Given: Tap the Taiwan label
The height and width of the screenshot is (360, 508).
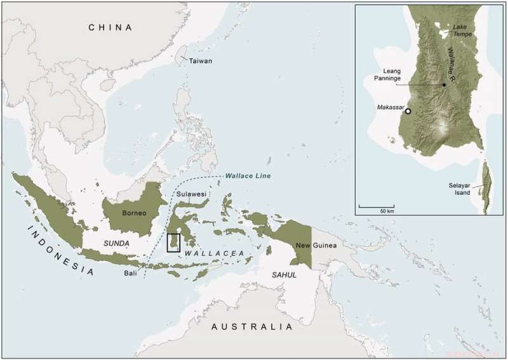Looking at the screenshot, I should coord(200,61).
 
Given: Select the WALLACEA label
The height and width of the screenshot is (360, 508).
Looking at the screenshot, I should coord(215,253).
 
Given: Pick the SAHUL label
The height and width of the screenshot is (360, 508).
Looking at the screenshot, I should coord(284,274).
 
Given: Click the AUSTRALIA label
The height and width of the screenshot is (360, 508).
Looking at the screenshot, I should coord(252,327).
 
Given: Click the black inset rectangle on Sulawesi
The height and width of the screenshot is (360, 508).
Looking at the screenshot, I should coord(173,243).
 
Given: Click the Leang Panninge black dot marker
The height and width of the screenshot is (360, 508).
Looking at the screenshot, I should coord(443,84).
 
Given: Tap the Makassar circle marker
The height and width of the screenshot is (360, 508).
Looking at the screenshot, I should coord(408,111).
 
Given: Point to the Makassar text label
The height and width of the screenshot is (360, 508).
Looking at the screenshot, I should coord(391,107).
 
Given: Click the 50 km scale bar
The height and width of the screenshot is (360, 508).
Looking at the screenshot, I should coord(377,206).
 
